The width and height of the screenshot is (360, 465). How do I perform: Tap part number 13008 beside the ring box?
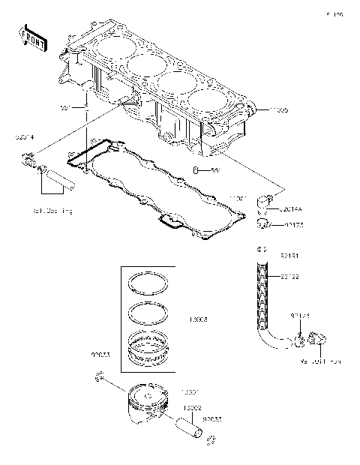199,319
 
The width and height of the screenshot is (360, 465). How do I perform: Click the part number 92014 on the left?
25,138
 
